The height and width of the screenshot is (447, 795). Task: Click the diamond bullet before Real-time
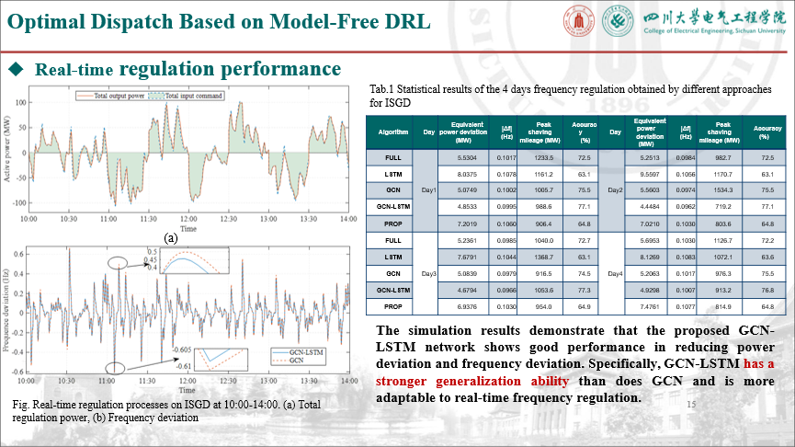[x=16, y=69]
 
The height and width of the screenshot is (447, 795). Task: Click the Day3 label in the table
[x=428, y=274]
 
